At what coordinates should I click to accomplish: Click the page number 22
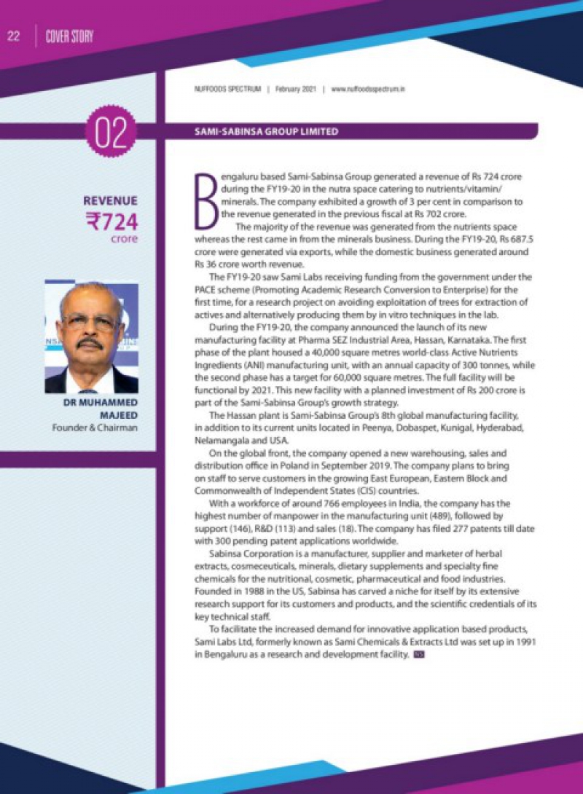click(13, 36)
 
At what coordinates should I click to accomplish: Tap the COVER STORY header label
click(69, 36)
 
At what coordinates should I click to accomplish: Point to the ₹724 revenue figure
click(111, 221)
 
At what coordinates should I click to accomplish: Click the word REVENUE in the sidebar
click(110, 200)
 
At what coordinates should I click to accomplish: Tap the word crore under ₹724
click(124, 239)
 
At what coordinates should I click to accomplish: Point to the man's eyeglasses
click(90, 321)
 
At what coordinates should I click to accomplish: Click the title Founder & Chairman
click(94, 427)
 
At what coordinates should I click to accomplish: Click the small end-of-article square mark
click(418, 656)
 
